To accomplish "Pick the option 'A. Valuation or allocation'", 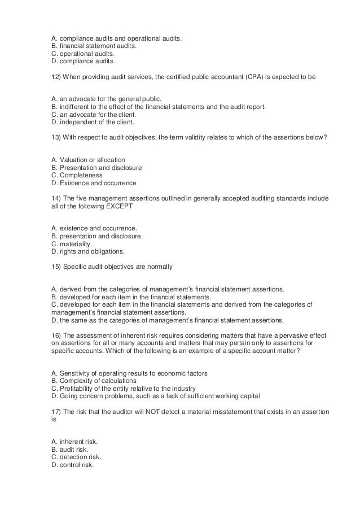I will click(x=88, y=160).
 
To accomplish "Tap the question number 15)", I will click(x=56, y=266).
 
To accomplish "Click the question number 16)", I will click(x=56, y=335).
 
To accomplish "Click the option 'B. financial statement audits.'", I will click(x=94, y=46).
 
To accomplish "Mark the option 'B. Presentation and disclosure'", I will click(x=96, y=168).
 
